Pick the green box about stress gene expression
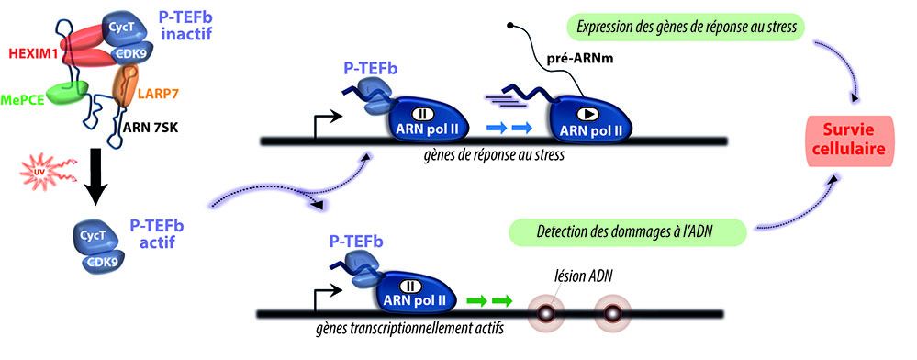point(686,26)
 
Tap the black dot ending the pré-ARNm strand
point(510,25)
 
